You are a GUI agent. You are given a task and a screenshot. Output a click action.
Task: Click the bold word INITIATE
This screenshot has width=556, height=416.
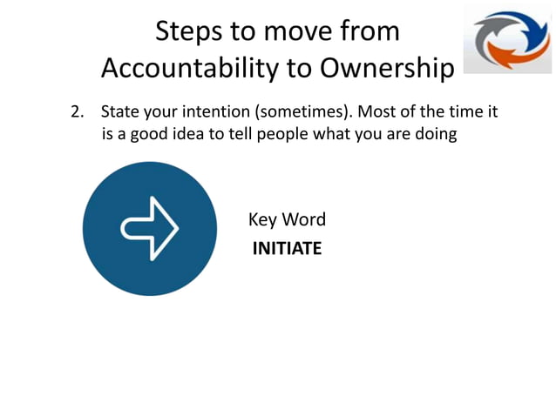point(287,249)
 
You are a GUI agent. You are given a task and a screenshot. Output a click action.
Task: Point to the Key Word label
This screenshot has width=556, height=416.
point(287,219)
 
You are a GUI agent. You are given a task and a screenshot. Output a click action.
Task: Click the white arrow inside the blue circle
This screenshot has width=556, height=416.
point(149,228)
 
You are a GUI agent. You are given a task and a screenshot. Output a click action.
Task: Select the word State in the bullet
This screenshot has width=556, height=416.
point(119,113)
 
